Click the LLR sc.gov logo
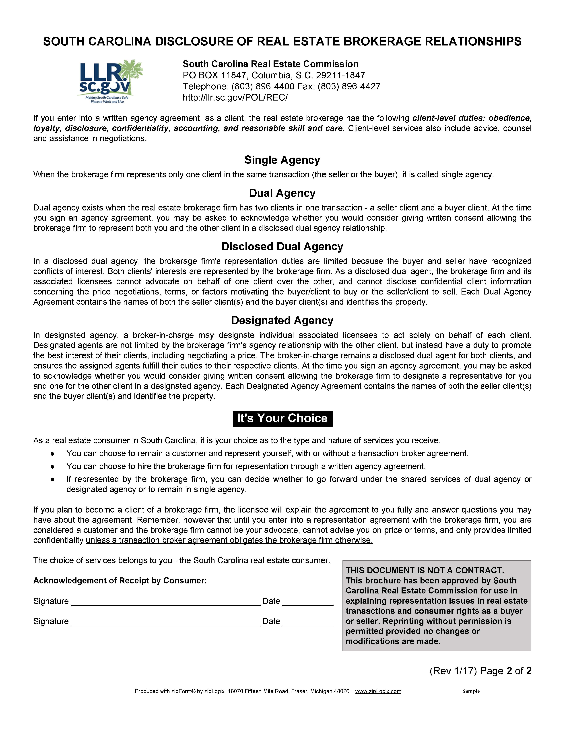[110, 81]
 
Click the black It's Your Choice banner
[282, 418]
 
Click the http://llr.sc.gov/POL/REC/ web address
[235, 97]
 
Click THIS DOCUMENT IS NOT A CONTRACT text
[424, 571]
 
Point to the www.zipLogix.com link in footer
[378, 691]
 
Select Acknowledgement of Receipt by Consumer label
[120, 581]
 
